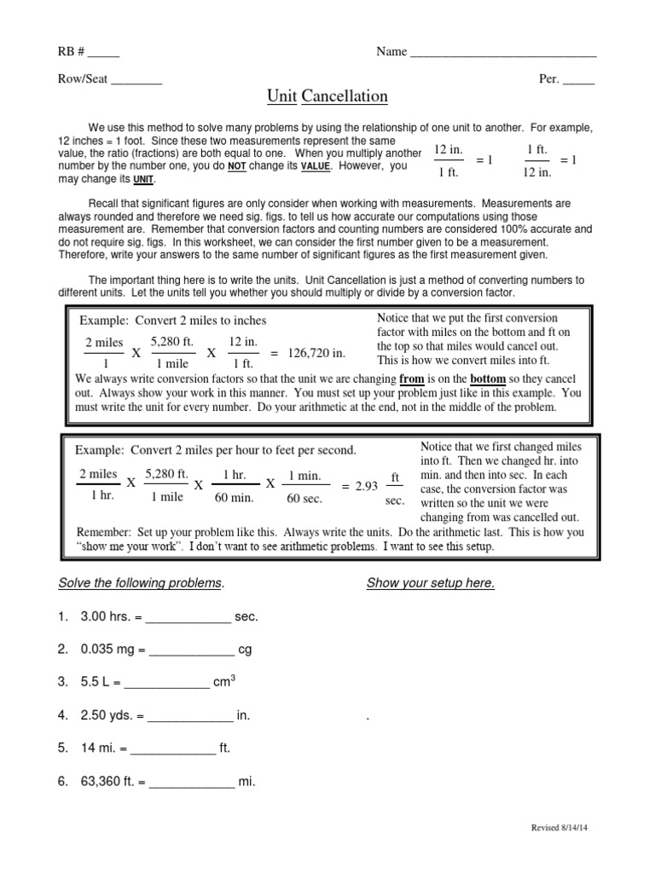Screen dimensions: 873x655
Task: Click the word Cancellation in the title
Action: pos(345,97)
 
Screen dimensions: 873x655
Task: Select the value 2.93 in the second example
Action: pos(366,485)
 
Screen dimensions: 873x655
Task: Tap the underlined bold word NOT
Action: pos(236,167)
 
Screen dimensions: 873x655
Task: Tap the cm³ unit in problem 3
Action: pos(224,681)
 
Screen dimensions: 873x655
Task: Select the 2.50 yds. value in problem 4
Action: pos(106,715)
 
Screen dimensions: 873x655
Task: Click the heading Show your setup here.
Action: pos(430,583)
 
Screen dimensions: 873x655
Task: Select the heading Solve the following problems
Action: pos(141,583)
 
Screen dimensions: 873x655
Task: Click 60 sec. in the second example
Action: pos(305,499)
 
